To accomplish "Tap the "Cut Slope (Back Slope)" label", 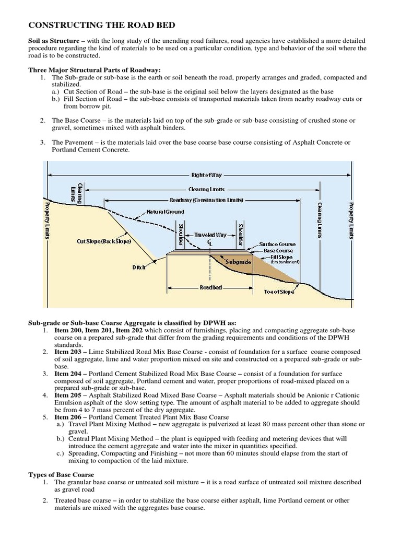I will coord(103,241).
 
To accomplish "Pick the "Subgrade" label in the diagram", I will coord(238,259).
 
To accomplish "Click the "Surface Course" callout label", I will coord(278,244).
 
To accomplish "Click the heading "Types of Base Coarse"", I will coord(61,474).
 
